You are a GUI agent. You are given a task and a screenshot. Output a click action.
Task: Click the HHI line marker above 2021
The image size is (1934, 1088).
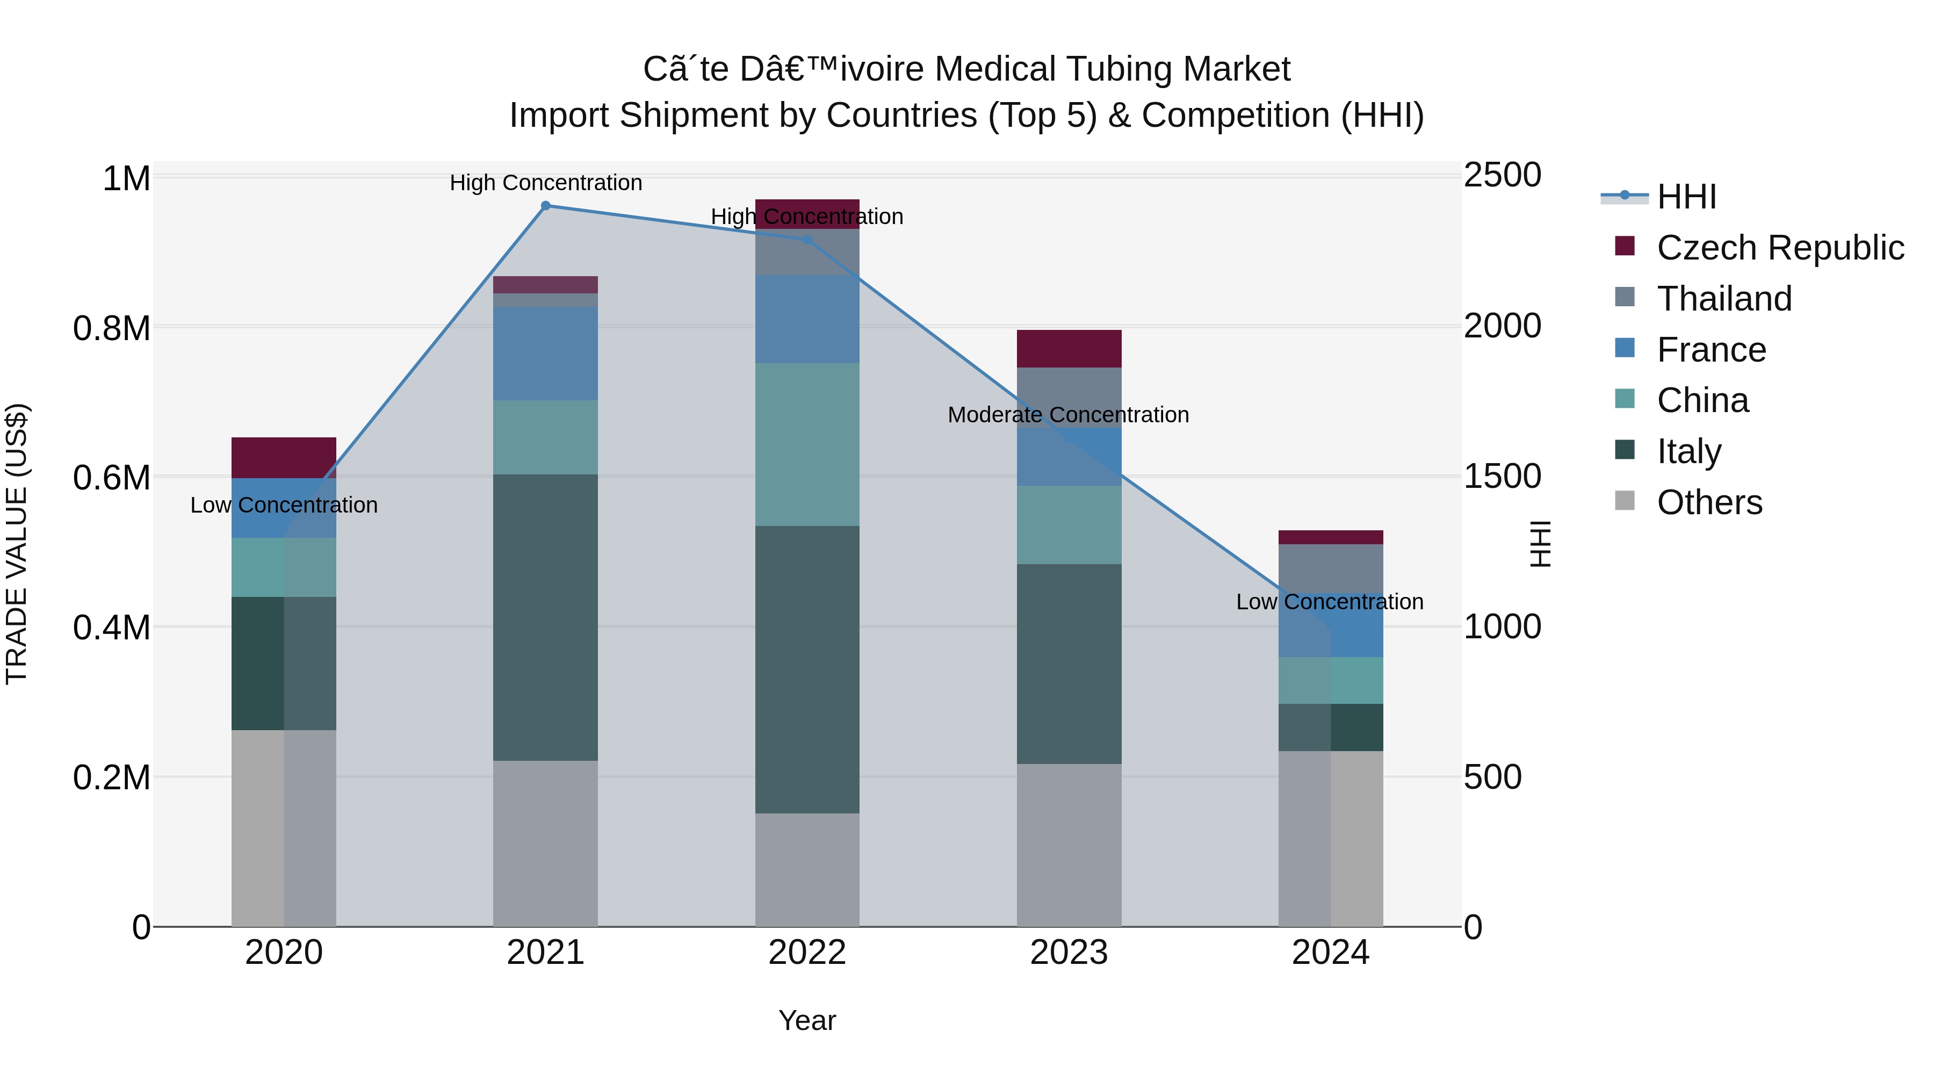pos(546,206)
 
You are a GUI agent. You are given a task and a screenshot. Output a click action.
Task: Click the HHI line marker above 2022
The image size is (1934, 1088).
pos(807,240)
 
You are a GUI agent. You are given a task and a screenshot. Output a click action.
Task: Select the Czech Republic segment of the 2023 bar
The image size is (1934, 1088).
pos(1069,348)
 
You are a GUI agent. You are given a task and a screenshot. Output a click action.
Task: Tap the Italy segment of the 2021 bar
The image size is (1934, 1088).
pos(545,617)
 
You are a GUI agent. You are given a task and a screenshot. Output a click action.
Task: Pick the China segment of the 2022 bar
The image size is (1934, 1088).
pos(807,444)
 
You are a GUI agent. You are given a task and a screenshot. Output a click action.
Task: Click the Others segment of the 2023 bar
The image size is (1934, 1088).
pos(1069,845)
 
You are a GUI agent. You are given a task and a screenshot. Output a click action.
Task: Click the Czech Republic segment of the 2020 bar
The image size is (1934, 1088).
pos(284,457)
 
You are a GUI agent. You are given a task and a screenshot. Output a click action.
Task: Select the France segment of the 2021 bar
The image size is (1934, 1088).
pos(545,353)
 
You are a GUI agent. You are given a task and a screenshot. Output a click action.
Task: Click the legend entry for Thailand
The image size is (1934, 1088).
pos(1724,299)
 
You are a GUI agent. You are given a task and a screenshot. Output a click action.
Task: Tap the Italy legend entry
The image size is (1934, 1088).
pos(1688,451)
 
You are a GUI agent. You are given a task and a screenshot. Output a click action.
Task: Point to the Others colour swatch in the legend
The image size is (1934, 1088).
pos(1625,501)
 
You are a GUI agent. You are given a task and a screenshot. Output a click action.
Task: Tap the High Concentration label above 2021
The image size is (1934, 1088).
pos(546,183)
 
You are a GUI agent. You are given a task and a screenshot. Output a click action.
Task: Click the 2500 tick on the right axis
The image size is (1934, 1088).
pos(1502,176)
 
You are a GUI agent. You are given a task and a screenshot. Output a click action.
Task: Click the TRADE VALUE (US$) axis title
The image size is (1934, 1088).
pos(17,544)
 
